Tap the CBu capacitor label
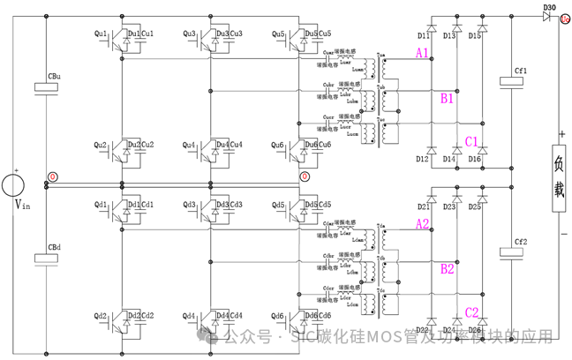54,77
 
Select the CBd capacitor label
54,247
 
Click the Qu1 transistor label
100,34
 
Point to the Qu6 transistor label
277,145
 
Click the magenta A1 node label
423,55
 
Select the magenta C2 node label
471,312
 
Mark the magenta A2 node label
423,225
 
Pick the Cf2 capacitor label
520,241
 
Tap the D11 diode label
424,36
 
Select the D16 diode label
475,159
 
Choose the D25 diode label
475,206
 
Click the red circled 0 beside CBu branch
53,177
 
